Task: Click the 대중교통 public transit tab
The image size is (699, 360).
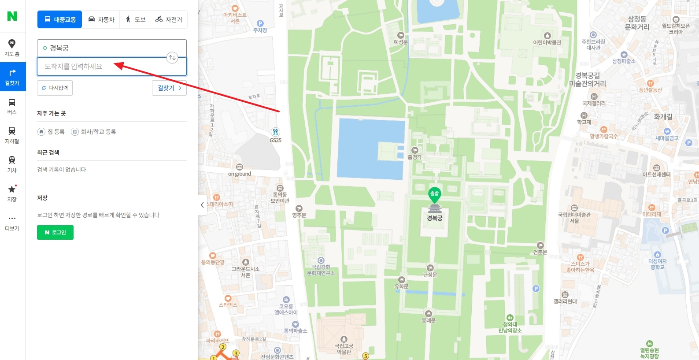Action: [x=60, y=20]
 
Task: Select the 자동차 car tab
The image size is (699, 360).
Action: [x=101, y=20]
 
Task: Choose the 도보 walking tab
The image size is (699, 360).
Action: [x=135, y=20]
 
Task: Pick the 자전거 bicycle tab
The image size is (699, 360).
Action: [x=169, y=20]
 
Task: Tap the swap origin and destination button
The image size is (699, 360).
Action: [x=172, y=57]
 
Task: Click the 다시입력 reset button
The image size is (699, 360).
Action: [x=55, y=88]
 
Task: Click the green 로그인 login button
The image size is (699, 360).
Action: [x=55, y=232]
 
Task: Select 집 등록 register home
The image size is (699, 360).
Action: [x=52, y=132]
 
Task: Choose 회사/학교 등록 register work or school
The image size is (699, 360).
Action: [x=94, y=132]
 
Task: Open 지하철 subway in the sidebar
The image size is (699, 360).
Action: [x=12, y=135]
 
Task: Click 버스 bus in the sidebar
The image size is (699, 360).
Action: [x=12, y=106]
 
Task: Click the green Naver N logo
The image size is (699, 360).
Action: [x=12, y=16]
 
